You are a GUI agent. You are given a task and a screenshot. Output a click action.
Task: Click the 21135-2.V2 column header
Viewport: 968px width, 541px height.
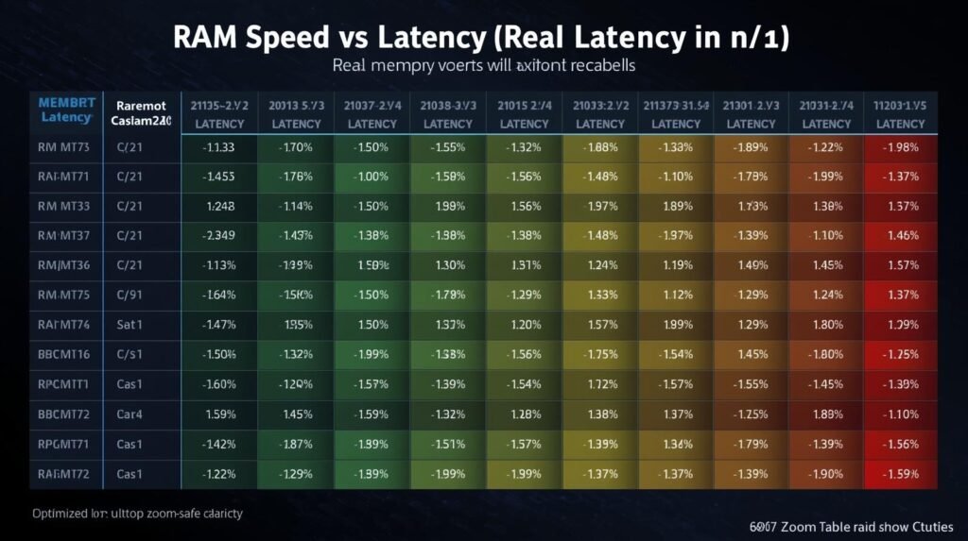(220, 105)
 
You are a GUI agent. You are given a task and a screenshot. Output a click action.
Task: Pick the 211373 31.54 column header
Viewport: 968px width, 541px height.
(676, 105)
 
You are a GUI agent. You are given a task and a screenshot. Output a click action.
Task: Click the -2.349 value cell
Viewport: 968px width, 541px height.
(220, 235)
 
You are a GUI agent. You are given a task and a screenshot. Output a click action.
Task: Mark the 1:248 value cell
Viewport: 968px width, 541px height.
(220, 206)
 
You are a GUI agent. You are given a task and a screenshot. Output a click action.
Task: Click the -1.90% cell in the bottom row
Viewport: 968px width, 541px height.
(826, 471)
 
